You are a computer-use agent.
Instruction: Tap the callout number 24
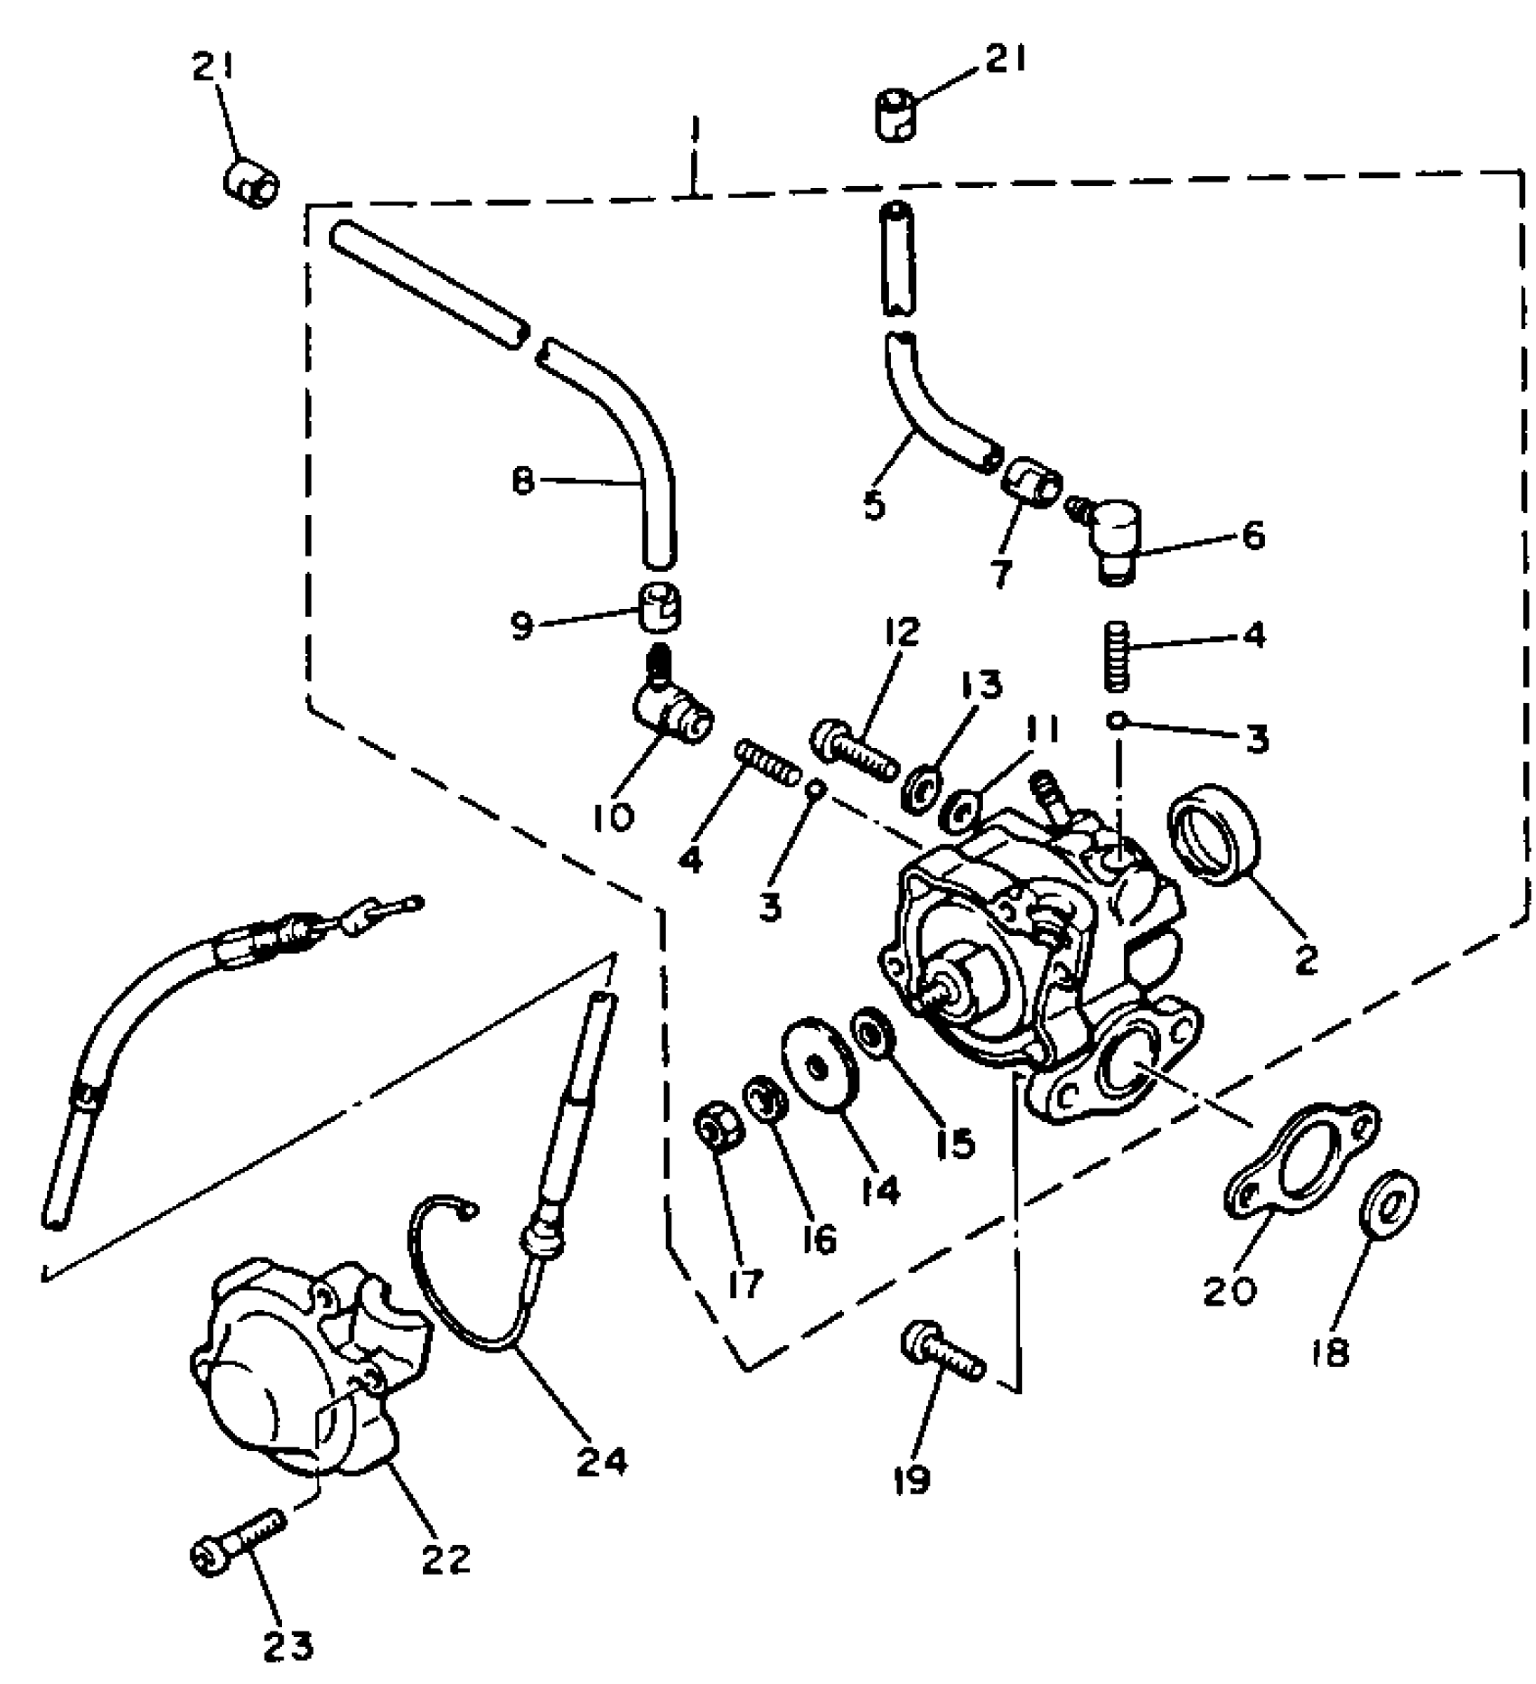tap(603, 1460)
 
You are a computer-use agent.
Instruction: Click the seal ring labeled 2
tap(1213, 831)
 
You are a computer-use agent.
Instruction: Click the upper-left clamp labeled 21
tap(251, 185)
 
